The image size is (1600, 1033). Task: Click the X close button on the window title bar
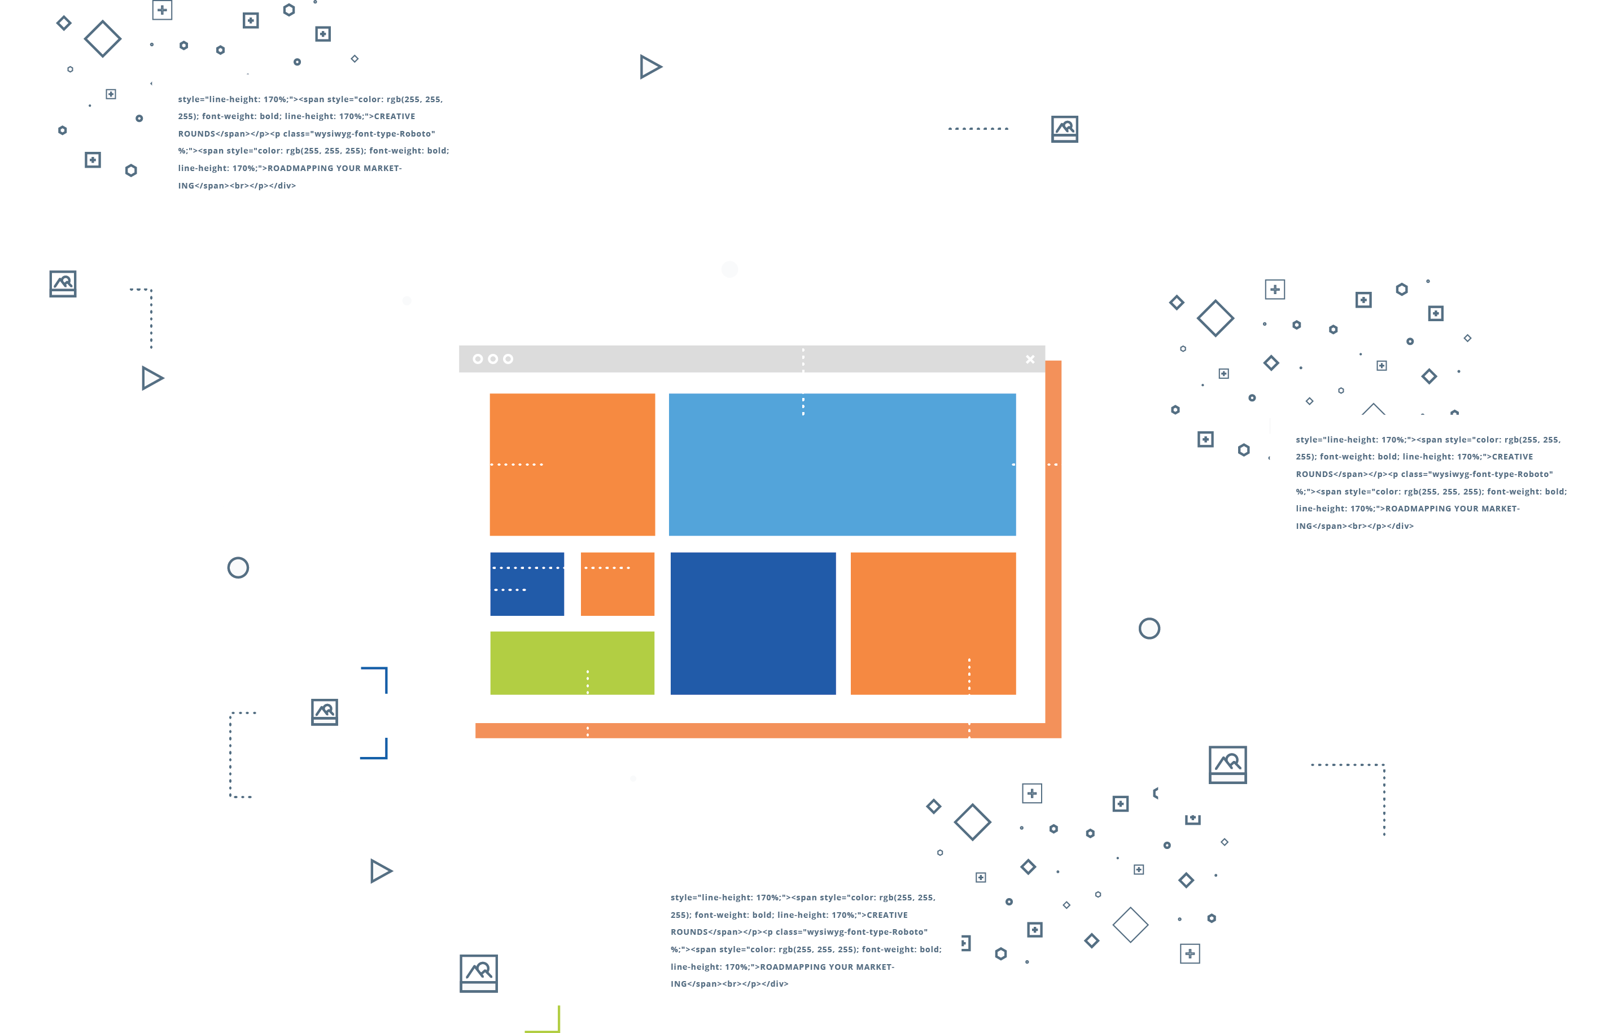coord(1030,360)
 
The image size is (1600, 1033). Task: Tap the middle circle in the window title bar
coord(493,359)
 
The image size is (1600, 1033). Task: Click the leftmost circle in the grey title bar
coord(478,359)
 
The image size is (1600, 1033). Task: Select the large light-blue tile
coord(842,464)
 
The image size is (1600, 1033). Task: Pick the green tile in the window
coord(572,663)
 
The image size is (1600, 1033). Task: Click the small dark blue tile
coord(527,584)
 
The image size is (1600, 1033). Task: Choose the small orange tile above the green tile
coord(617,584)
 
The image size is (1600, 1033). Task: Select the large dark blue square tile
coord(753,623)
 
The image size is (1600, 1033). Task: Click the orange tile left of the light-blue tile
coord(572,464)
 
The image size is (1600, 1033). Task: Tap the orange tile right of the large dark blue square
coord(933,623)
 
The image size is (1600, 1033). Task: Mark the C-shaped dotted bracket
coord(230,755)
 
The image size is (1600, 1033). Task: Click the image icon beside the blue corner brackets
coord(325,712)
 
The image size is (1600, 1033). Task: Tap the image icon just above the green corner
coord(478,973)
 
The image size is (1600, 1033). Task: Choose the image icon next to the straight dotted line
coord(1065,129)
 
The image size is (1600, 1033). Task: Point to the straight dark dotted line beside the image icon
coord(978,128)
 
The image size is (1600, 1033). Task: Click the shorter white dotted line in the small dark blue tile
coord(510,590)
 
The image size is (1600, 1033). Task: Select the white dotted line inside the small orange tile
coord(607,567)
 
